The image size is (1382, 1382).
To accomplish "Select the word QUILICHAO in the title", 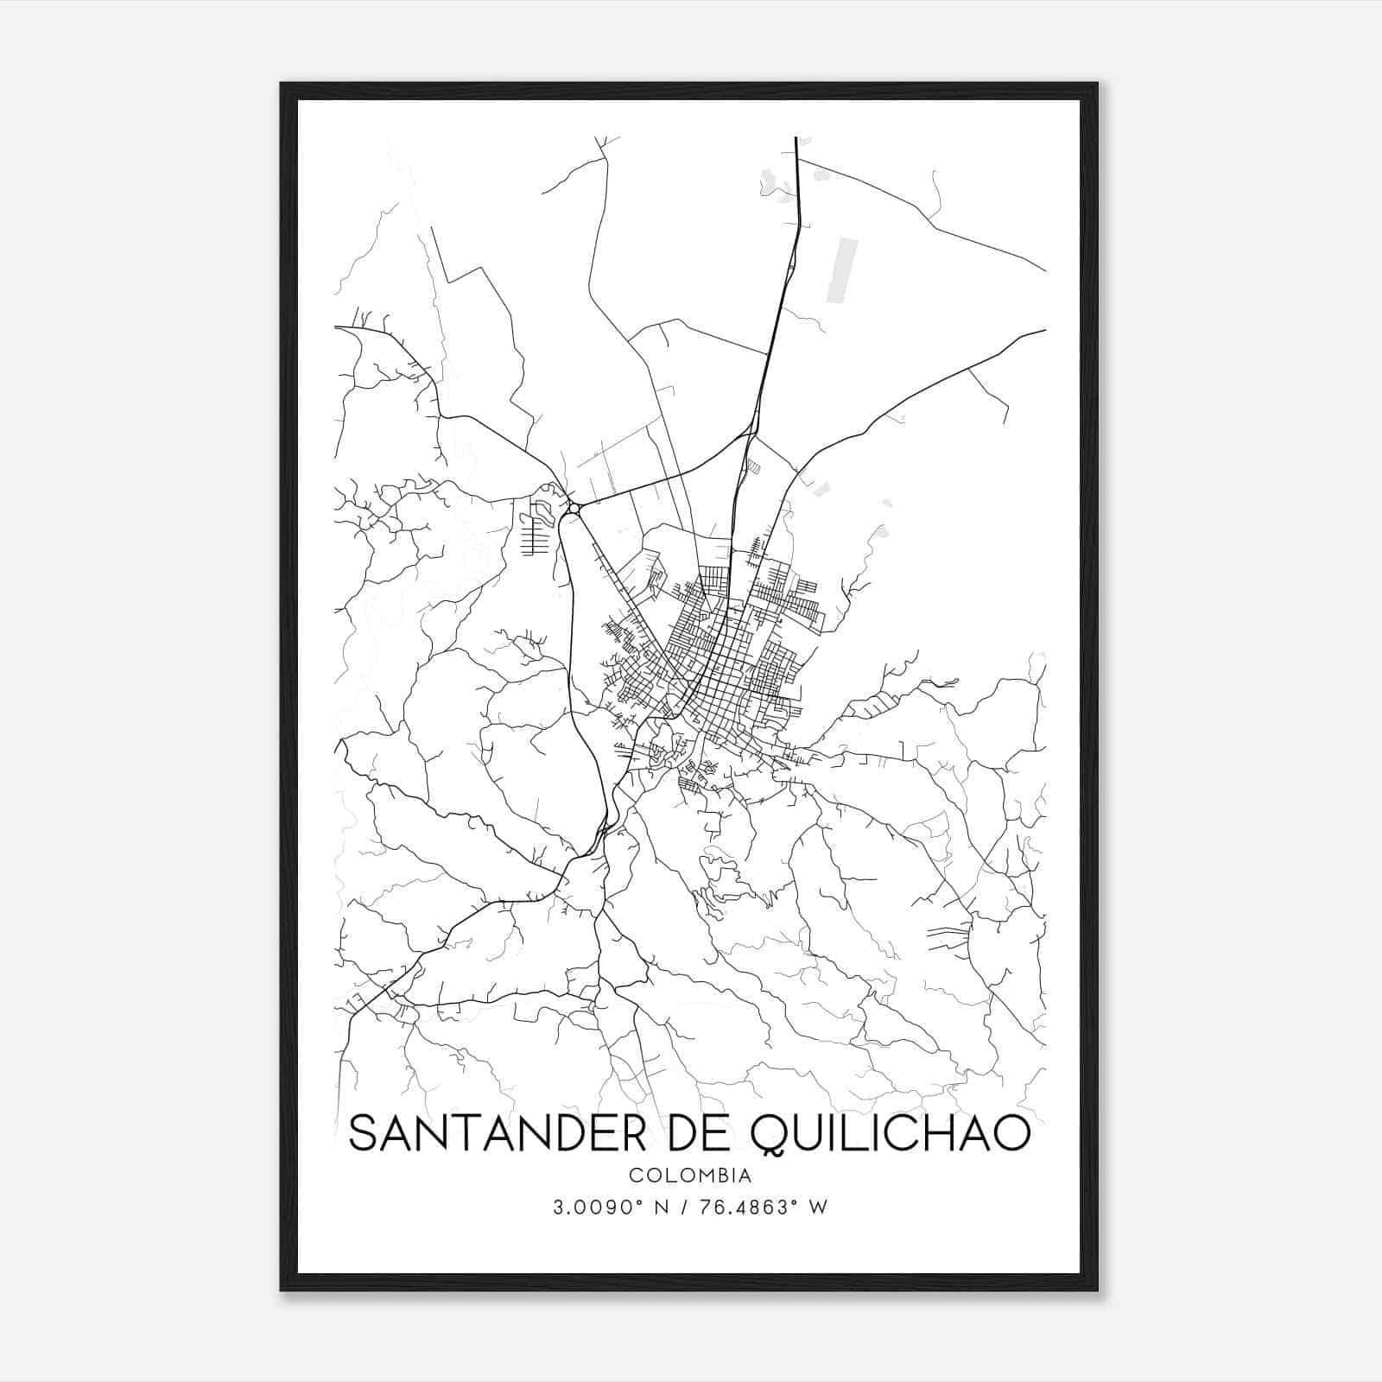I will [891, 1134].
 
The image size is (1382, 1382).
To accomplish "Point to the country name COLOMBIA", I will [690, 1176].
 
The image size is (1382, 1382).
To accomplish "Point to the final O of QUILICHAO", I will [1011, 1133].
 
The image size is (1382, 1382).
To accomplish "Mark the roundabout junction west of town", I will [572, 509].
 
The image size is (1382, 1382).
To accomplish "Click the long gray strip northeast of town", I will [843, 271].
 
